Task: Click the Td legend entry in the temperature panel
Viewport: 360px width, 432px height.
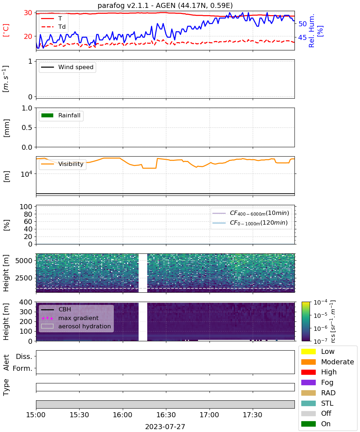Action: (53, 27)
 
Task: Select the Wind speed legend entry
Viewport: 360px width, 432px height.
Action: (67, 67)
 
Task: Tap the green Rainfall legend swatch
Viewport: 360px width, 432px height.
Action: (48, 116)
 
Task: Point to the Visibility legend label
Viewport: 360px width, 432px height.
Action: (71, 164)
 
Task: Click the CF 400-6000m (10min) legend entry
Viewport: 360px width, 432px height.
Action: (251, 213)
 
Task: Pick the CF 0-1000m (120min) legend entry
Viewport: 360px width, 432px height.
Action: (250, 223)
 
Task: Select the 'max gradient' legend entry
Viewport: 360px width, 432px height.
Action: (70, 318)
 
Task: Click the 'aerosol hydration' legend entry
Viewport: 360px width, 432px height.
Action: (76, 326)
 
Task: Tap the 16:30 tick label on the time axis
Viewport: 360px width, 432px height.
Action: (166, 415)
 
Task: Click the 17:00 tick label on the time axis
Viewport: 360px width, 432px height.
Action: (209, 415)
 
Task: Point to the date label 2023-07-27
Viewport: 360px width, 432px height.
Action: (165, 427)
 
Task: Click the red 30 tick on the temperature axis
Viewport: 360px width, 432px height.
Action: (28, 13)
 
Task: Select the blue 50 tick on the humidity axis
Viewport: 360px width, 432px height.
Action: (302, 24)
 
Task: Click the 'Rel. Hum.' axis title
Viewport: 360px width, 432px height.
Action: (311, 31)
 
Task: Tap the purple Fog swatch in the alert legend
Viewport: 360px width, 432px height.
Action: (308, 382)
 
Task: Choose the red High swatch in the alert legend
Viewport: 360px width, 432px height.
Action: (308, 372)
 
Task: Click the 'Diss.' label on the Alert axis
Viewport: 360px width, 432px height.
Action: (24, 356)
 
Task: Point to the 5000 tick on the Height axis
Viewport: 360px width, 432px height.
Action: (24, 261)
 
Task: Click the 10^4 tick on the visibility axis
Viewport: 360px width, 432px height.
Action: (26, 174)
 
